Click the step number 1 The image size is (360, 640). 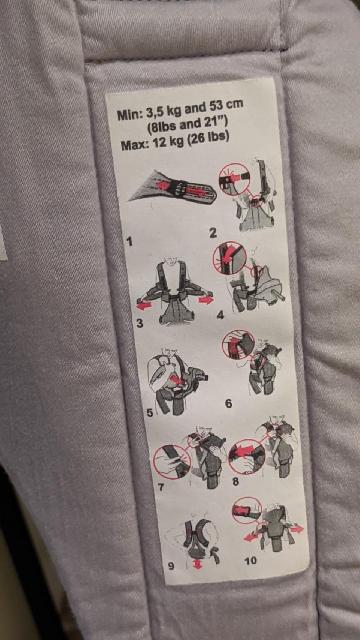[x=130, y=242]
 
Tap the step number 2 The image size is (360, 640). [x=213, y=233]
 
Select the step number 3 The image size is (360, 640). [x=139, y=323]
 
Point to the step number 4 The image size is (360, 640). [x=220, y=315]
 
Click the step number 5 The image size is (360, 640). [x=150, y=413]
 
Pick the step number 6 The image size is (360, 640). [x=229, y=403]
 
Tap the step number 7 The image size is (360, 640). [x=161, y=487]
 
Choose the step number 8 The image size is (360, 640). [x=235, y=481]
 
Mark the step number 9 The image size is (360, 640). [x=171, y=566]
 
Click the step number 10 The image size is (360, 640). [x=250, y=561]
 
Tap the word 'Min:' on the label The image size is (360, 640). [x=130, y=115]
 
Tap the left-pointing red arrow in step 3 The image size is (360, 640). [x=144, y=306]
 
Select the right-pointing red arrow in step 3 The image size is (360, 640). [x=206, y=300]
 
